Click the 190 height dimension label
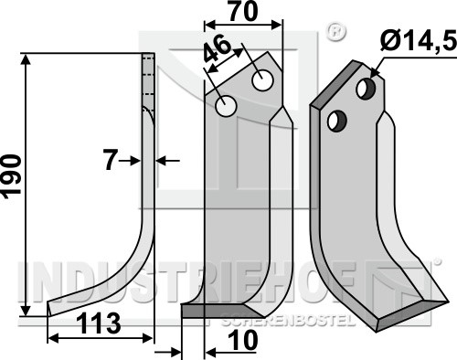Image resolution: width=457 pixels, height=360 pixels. [12, 176]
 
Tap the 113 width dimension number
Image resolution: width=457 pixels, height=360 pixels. [99, 323]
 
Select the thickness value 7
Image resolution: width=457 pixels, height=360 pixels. [111, 161]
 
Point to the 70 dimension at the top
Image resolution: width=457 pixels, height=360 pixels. [243, 11]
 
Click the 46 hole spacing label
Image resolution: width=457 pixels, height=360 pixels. [218, 48]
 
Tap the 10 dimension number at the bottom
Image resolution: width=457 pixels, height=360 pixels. [244, 340]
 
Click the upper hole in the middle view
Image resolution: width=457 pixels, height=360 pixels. [262, 79]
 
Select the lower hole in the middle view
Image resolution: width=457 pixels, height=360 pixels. [226, 106]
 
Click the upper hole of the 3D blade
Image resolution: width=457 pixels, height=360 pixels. [366, 89]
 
